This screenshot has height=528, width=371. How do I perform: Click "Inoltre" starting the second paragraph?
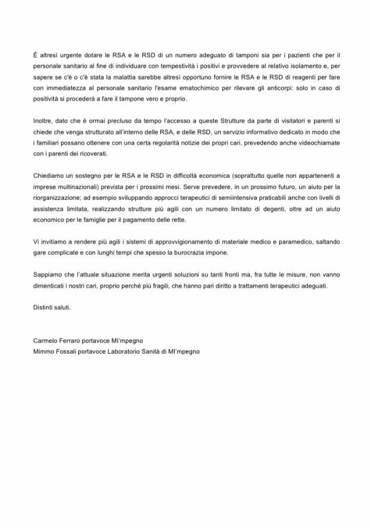(x=42, y=122)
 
